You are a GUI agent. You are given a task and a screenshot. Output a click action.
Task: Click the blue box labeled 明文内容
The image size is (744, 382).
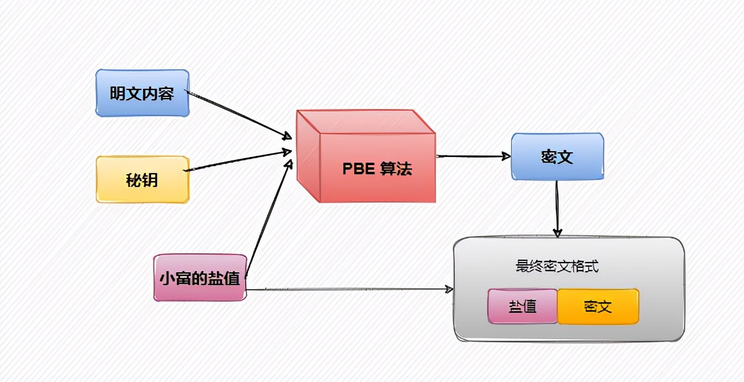coord(142,93)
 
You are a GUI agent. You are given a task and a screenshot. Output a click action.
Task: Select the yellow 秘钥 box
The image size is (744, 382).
coord(142,179)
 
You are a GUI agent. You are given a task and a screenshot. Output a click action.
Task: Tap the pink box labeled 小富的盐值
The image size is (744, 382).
coord(200,278)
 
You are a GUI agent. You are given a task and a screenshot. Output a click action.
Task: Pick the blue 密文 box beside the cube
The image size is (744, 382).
coord(557,156)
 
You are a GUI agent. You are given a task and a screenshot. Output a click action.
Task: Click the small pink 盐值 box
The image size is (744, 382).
coord(523,306)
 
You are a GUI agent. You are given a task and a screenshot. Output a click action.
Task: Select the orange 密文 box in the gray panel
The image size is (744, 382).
coord(598,306)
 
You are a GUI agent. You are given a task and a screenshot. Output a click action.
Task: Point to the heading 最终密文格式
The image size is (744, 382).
coord(557,267)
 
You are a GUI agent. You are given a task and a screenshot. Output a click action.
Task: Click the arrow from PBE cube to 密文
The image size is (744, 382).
coord(473,156)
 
